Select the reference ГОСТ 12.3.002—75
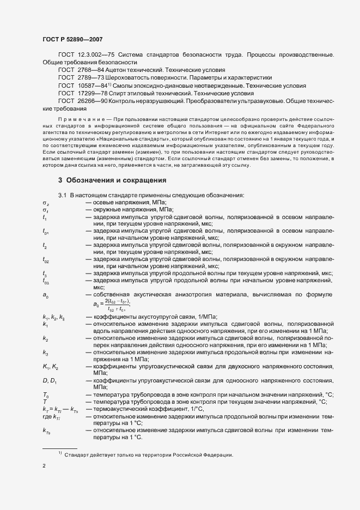82,56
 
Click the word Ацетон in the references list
121,71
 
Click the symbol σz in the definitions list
45,203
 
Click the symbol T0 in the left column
46,394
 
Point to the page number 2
44,467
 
